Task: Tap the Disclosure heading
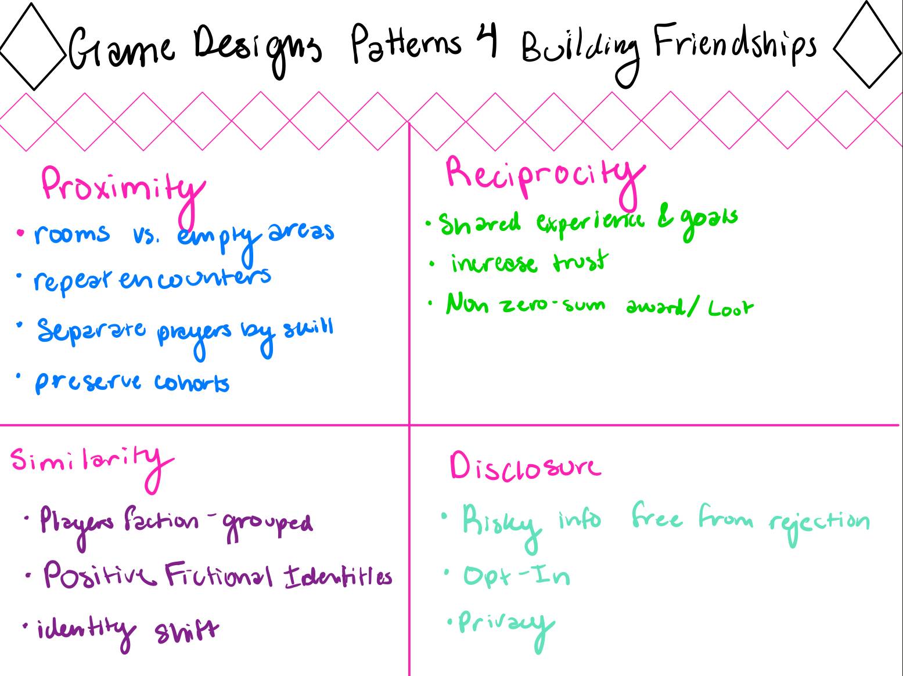tap(524, 467)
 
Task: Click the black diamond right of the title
tap(869, 45)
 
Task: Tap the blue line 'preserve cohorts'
tap(132, 382)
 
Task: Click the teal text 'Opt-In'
tap(516, 576)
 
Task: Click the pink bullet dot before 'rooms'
tap(21, 233)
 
